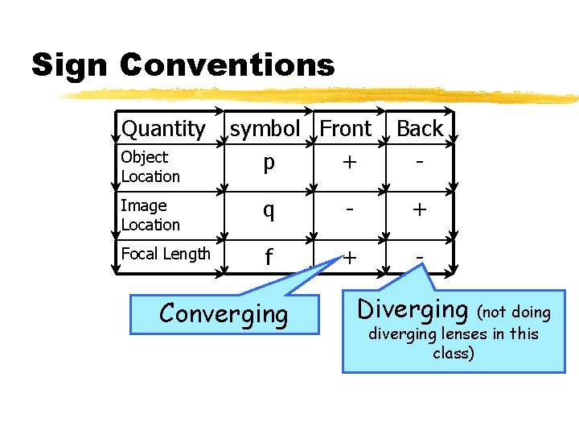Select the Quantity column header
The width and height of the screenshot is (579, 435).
tap(163, 128)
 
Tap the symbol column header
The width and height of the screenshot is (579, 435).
tap(265, 128)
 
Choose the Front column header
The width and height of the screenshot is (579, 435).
tap(346, 128)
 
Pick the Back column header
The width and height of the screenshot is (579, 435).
tap(420, 128)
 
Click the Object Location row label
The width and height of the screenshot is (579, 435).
tap(150, 166)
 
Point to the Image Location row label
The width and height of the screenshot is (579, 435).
tap(150, 215)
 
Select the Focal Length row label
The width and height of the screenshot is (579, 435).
tap(166, 254)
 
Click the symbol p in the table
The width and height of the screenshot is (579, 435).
tap(269, 163)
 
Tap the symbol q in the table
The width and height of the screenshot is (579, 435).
tap(269, 211)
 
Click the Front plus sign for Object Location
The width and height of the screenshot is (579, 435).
tap(349, 162)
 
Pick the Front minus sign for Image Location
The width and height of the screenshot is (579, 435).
tap(349, 209)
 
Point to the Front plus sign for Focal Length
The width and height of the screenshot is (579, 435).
tap(349, 257)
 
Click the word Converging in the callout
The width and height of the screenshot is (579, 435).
tap(223, 313)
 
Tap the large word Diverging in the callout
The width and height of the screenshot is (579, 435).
tap(413, 309)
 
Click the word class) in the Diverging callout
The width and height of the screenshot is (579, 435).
tap(453, 353)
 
